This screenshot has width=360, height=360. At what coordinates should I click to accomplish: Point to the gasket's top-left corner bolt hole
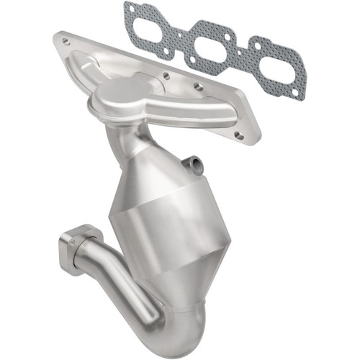(130, 9)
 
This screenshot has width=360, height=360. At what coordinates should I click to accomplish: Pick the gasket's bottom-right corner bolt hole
(297, 93)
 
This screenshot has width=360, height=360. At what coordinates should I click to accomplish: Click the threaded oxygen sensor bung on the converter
(194, 164)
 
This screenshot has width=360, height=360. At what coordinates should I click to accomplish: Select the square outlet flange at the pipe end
(73, 248)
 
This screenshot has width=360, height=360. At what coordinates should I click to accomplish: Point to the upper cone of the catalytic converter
(148, 169)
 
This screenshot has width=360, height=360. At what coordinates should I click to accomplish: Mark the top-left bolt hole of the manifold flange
(66, 42)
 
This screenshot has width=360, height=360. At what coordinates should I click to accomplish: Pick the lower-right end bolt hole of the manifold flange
(240, 135)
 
